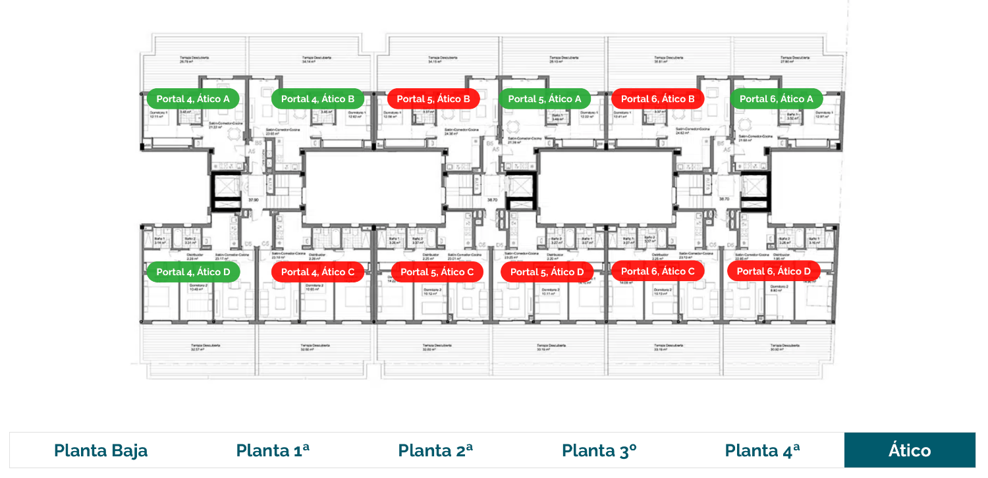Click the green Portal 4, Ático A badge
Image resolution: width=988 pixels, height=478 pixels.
click(193, 99)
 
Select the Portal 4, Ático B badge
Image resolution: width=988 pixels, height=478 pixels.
click(317, 99)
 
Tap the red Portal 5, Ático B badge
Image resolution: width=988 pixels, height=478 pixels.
click(433, 99)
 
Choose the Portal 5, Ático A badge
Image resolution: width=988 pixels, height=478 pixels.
click(545, 99)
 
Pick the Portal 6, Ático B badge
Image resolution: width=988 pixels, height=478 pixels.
click(657, 99)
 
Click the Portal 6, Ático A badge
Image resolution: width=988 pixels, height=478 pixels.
click(776, 99)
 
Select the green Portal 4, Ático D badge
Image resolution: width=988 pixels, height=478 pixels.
click(193, 272)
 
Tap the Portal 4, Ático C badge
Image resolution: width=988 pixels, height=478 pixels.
click(317, 272)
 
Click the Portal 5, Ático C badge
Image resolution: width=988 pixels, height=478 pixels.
click(437, 272)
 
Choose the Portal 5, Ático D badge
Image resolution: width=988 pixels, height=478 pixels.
click(547, 272)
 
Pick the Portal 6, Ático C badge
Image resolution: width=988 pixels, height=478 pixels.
click(657, 271)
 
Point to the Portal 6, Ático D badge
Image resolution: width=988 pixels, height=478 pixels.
click(773, 271)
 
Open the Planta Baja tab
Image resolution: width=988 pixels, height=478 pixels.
click(101, 450)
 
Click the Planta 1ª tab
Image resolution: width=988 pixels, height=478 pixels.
click(273, 450)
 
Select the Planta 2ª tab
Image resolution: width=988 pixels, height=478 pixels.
click(435, 450)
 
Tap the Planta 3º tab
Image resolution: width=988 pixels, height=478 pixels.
click(599, 450)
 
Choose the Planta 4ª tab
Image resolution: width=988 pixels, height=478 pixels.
click(762, 450)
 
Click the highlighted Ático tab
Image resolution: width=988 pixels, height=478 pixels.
click(910, 450)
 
